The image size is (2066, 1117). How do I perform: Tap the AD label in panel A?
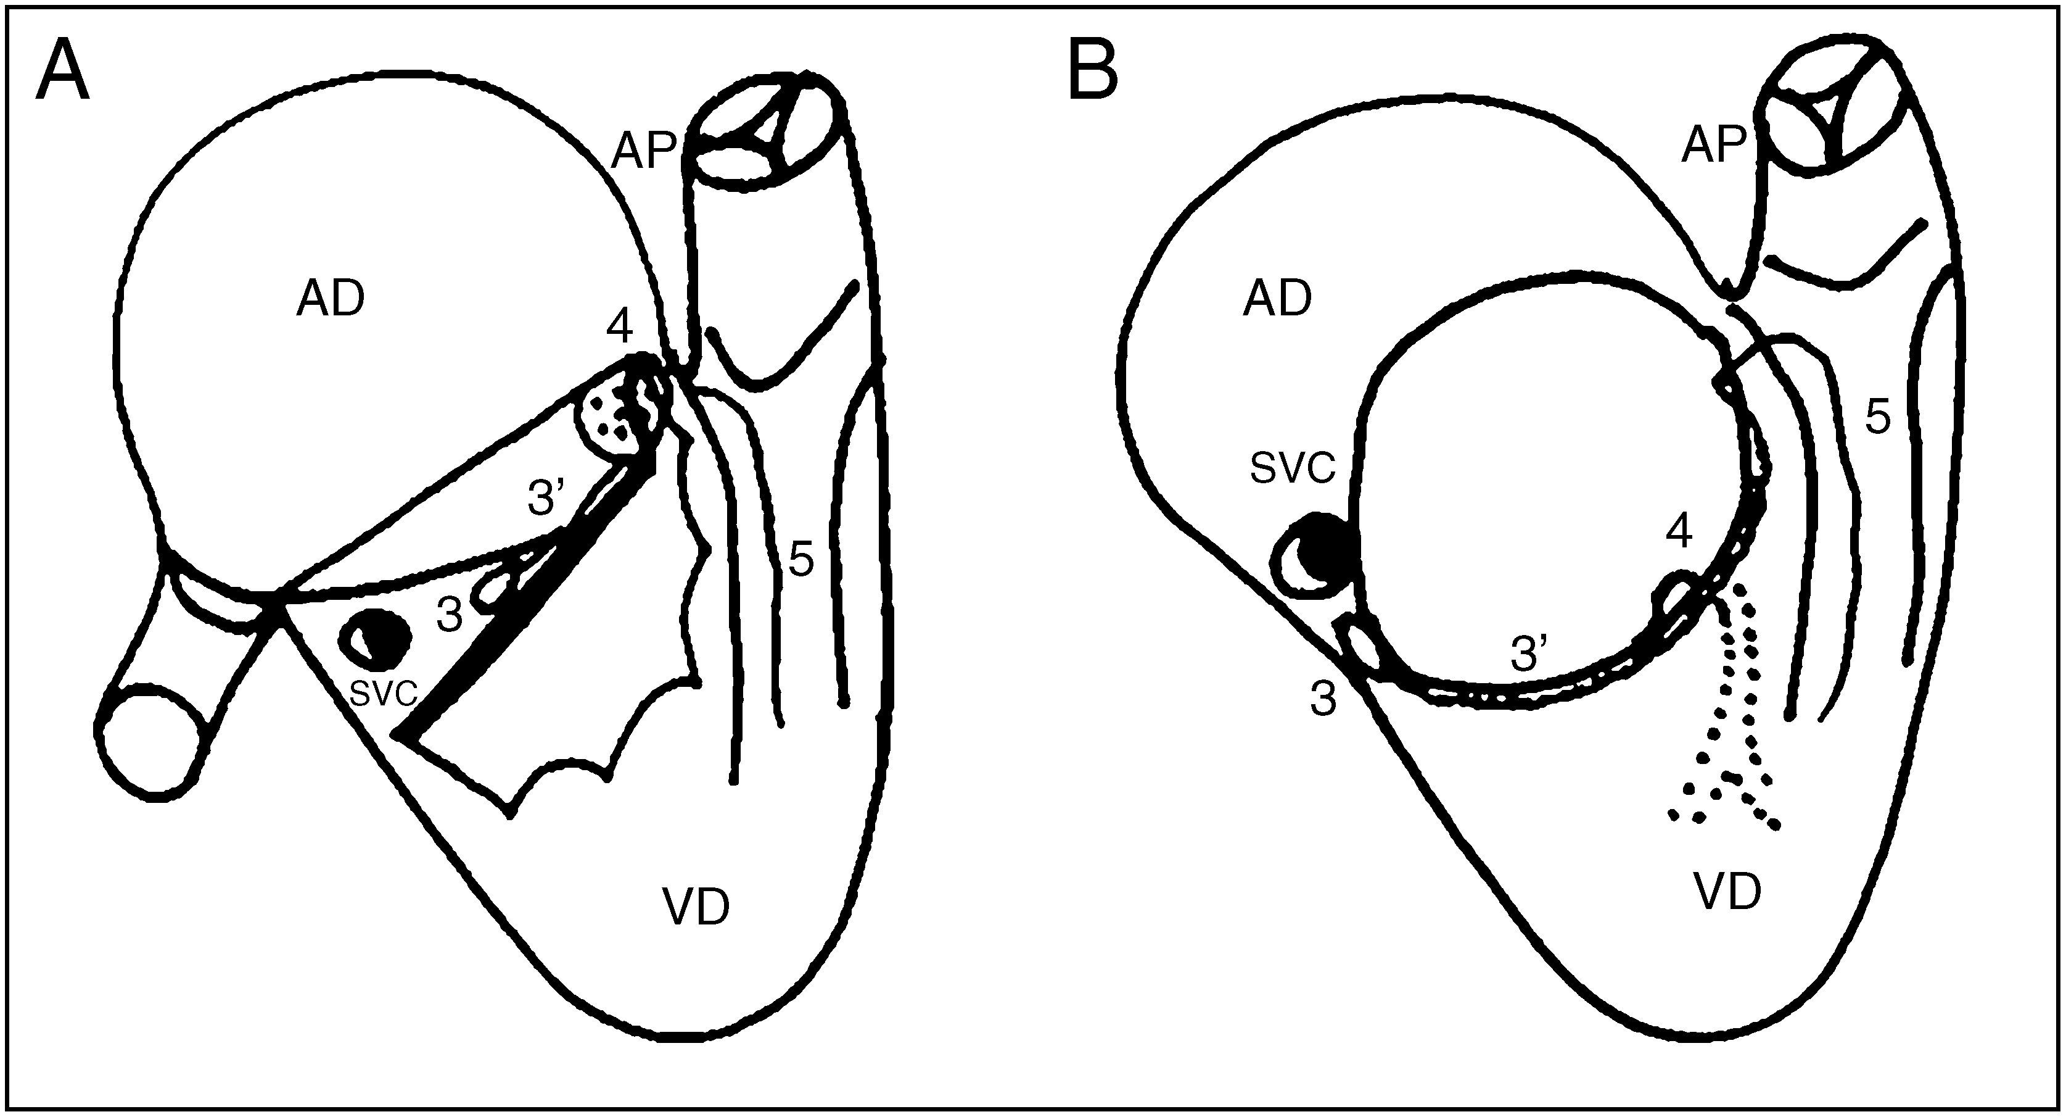(x=331, y=300)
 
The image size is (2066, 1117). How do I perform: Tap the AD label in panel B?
(x=1277, y=300)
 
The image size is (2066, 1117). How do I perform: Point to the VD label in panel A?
(x=696, y=908)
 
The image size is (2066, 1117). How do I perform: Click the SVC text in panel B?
(x=1293, y=468)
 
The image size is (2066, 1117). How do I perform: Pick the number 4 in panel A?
(x=620, y=326)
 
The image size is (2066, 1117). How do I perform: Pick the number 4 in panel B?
(x=1679, y=531)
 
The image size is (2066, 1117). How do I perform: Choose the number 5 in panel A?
(x=801, y=558)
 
